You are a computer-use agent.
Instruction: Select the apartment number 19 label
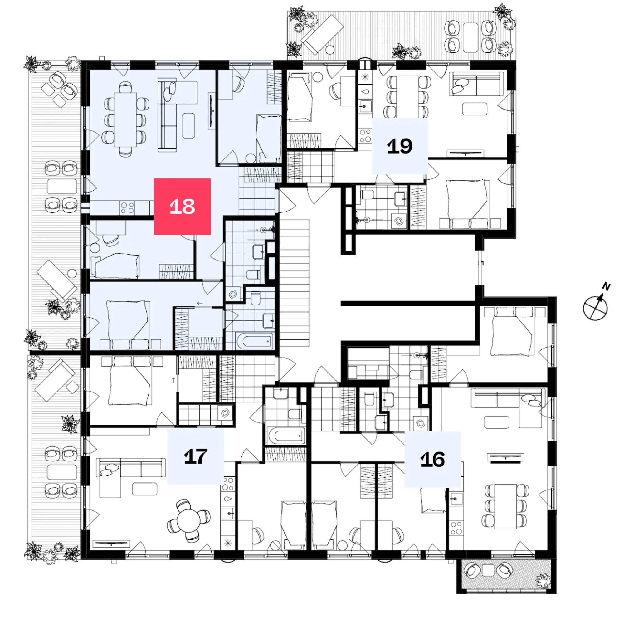400,146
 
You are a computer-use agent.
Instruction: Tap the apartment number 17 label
195,456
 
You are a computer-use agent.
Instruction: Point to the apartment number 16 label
432,459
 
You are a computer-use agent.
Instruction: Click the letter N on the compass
606,286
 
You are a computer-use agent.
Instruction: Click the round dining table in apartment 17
189,520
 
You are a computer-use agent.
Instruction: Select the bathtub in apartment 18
255,341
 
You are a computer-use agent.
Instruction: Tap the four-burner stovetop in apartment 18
127,208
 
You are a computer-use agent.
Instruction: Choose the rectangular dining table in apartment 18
125,119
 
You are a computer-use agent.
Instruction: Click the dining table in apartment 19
407,97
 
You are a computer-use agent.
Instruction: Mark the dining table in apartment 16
505,506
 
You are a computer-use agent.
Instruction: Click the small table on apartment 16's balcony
488,570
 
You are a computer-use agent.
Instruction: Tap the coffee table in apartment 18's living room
189,126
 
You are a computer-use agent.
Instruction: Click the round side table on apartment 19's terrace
330,50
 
